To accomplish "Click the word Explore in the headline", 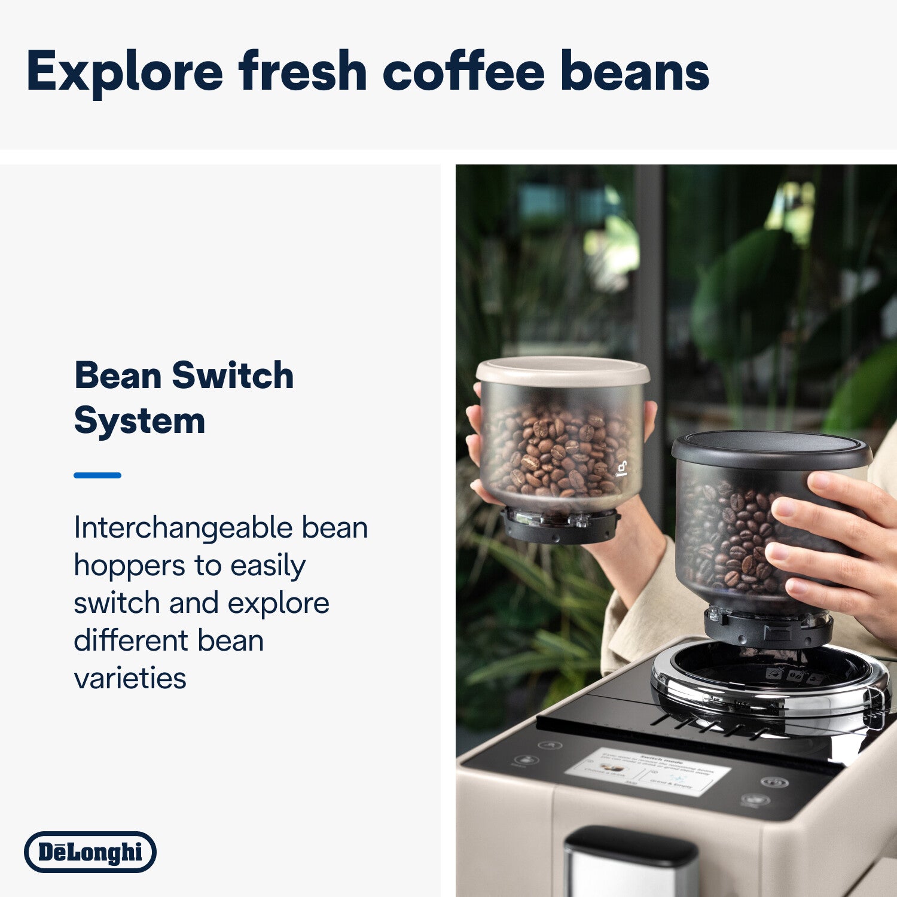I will (x=124, y=72).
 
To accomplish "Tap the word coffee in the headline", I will (x=463, y=72).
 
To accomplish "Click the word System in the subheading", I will (x=139, y=420).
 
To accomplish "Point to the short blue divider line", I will (x=97, y=475).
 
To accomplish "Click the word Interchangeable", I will (x=182, y=528).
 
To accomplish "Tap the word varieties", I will (x=130, y=678).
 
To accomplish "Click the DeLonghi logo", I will (x=90, y=852).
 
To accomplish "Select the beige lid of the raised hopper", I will (x=563, y=371).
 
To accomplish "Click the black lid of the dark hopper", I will (x=771, y=448).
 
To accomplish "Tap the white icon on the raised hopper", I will (x=622, y=470).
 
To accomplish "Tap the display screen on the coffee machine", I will (x=649, y=771).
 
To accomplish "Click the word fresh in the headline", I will (x=303, y=72).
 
